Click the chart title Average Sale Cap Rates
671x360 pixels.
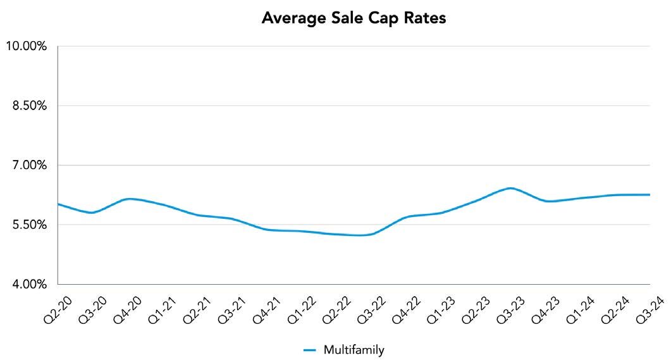coord(354,18)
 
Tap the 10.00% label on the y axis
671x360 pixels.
coord(26,47)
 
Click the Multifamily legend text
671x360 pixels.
coord(354,350)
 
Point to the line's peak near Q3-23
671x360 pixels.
coord(510,188)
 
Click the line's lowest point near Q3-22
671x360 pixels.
coord(360,235)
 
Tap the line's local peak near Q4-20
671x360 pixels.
coord(129,199)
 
